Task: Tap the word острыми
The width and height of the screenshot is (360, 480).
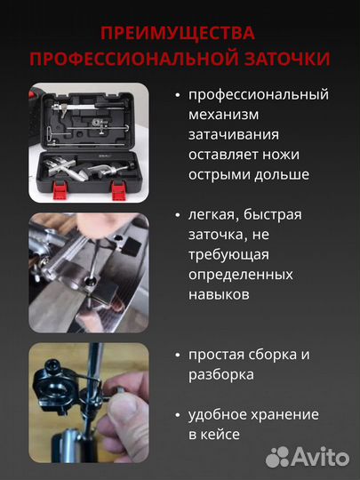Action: (221, 174)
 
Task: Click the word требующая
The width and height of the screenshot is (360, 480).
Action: (229, 254)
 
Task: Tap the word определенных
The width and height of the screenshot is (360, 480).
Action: (243, 275)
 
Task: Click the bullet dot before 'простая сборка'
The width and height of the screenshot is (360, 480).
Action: (179, 355)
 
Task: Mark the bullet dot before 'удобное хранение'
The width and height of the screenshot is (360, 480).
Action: (179, 415)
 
